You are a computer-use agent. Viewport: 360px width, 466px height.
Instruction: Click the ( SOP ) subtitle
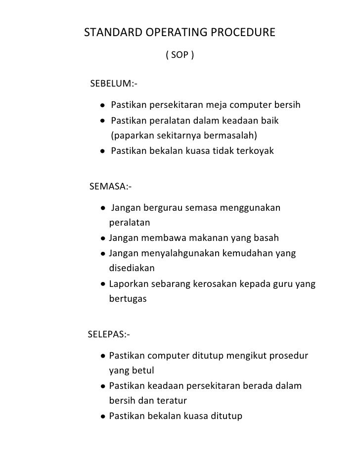[180, 55]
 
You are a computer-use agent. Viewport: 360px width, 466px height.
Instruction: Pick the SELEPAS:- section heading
[109, 335]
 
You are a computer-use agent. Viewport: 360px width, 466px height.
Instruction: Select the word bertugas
[128, 299]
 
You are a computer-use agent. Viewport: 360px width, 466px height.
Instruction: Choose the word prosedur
[287, 356]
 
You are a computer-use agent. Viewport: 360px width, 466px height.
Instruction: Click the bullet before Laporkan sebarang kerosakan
[102, 284]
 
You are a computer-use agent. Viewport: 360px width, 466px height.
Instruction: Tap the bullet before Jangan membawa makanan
[102, 238]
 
